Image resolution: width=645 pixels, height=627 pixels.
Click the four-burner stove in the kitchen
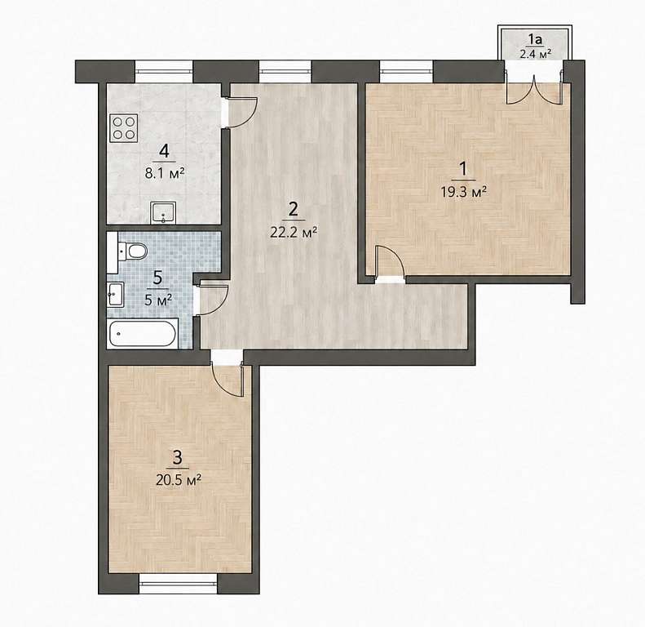(x=124, y=128)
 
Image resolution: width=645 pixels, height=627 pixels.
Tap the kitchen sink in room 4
(x=163, y=212)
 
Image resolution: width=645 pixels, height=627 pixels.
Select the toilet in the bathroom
(x=132, y=251)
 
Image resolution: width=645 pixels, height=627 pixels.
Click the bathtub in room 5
(x=143, y=333)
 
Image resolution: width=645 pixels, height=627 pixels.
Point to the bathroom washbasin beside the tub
(x=115, y=295)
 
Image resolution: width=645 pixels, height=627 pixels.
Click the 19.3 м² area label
(x=464, y=192)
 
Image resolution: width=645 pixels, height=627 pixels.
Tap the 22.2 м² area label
(x=294, y=233)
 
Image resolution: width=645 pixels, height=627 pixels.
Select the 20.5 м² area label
(x=179, y=479)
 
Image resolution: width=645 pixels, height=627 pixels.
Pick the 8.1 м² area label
(x=164, y=173)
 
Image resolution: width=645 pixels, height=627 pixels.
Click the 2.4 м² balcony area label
(x=535, y=54)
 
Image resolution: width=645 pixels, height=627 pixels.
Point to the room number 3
(x=178, y=458)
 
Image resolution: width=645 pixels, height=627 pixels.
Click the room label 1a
(x=535, y=39)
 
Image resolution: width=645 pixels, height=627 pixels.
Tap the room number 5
(x=157, y=278)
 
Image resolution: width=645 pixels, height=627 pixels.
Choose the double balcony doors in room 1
(x=534, y=91)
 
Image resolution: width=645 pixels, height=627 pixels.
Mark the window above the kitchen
(x=164, y=71)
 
